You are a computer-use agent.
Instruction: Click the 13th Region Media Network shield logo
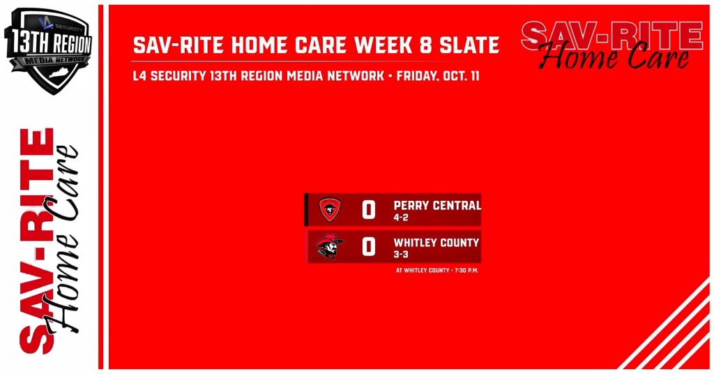coord(48,51)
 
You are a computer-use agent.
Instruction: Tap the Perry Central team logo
coord(330,209)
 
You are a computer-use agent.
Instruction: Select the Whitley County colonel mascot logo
coord(329,246)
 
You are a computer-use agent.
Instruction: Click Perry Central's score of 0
coord(368,210)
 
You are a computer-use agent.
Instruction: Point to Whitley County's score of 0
coord(368,247)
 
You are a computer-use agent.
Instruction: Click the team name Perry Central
coord(437,205)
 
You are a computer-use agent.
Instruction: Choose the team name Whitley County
coord(436,243)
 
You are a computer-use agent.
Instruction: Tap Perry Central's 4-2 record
coord(401,218)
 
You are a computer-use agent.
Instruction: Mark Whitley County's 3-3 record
coord(401,255)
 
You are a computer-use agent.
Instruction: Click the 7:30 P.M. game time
coord(466,270)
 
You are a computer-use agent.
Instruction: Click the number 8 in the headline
coord(425,45)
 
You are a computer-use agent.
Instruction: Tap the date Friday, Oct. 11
coord(438,75)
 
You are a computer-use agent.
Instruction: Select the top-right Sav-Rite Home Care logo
coord(612,45)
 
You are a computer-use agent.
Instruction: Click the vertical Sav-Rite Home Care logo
coord(48,241)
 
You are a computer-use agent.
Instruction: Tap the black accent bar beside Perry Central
coord(306,209)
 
